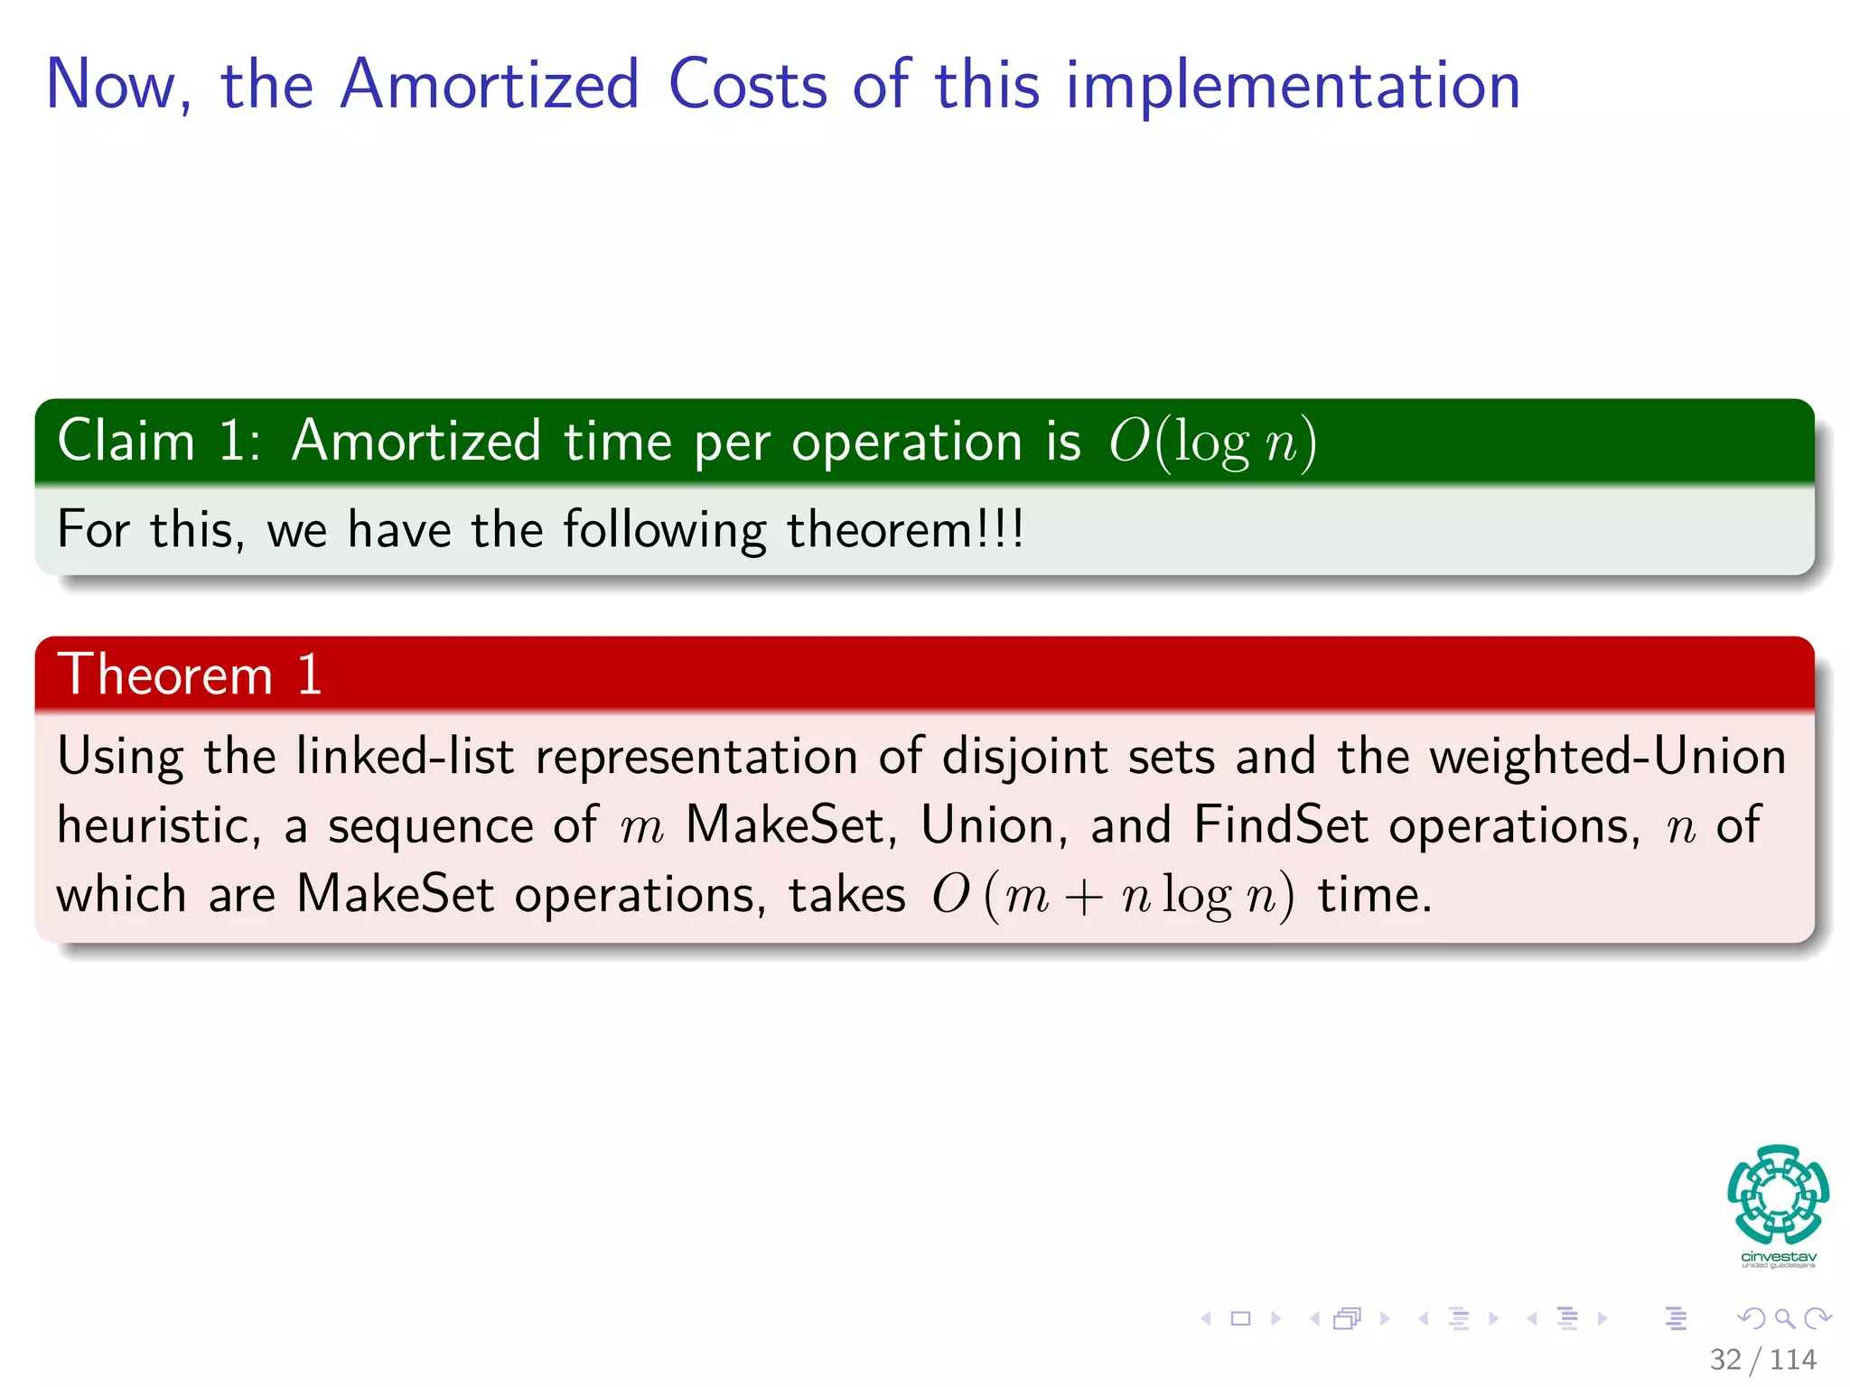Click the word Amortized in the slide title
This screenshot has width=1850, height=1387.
coord(490,85)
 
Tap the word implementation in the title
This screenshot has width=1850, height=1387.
coord(1293,87)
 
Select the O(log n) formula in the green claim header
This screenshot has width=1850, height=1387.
coord(1212,442)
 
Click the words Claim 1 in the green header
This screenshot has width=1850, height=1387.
coord(159,442)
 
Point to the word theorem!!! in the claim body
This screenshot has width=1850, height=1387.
coord(905,529)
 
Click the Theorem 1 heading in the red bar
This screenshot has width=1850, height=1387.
coord(190,675)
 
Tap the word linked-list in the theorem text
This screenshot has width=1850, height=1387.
coord(405,757)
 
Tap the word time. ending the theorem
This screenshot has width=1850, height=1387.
coord(1374,896)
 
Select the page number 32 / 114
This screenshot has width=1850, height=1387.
coord(1762,1359)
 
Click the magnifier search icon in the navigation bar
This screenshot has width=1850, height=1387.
coord(1784,1319)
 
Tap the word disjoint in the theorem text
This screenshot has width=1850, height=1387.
coord(1024,757)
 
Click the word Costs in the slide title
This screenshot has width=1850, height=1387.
coord(747,85)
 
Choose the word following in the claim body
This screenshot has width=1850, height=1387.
coord(664,529)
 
